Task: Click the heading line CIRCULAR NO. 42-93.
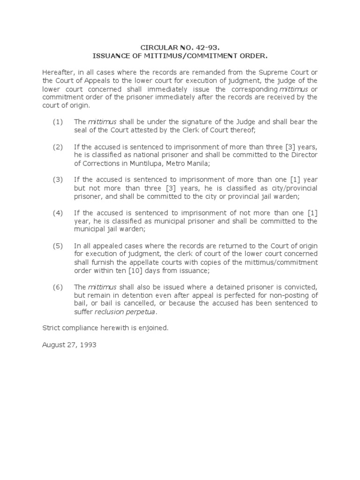[x=180, y=47]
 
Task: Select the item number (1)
[x=57, y=122]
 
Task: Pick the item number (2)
[x=57, y=147]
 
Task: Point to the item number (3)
[x=57, y=180]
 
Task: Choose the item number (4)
[x=57, y=213]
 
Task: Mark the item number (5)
[x=57, y=246]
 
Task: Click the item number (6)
[x=57, y=287]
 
